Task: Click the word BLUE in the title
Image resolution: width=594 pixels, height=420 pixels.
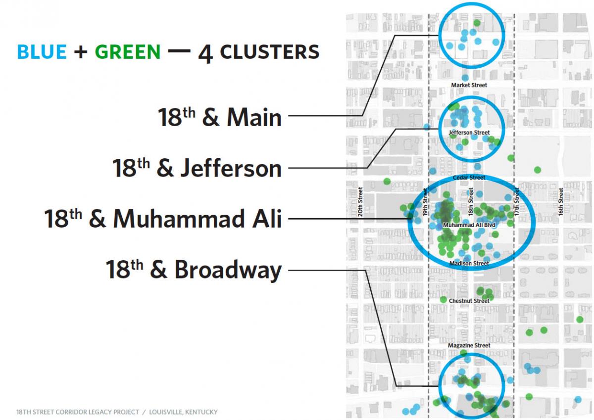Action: click(x=42, y=51)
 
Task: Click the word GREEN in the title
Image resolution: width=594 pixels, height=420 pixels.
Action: click(x=128, y=51)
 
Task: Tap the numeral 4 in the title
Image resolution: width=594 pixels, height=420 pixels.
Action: click(x=205, y=54)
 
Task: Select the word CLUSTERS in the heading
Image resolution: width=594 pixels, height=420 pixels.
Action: click(x=270, y=51)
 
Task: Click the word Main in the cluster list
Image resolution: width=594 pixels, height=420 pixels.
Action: click(x=254, y=117)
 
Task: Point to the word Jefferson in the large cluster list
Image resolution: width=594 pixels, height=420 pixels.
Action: click(x=231, y=168)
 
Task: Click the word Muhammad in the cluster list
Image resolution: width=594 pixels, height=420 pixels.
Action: click(x=179, y=219)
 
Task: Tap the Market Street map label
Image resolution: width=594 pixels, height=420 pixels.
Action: click(x=469, y=85)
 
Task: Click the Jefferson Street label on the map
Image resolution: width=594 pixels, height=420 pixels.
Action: click(x=469, y=133)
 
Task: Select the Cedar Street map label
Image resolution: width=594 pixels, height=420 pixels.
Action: click(x=469, y=178)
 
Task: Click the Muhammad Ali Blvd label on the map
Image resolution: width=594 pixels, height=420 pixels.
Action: click(x=469, y=225)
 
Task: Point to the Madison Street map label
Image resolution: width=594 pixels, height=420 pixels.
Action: click(x=469, y=263)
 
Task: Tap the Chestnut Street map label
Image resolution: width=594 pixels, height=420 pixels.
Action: click(x=469, y=301)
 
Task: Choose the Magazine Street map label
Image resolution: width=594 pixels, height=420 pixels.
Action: click(x=469, y=345)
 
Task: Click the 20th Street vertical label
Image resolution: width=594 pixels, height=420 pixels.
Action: click(x=360, y=202)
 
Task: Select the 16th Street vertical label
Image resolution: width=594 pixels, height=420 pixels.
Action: click(x=560, y=202)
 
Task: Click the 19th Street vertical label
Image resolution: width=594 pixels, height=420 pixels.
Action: click(x=425, y=202)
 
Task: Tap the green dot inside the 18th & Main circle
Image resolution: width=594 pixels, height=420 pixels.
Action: click(x=477, y=23)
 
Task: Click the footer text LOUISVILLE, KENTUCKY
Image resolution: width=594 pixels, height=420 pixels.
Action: click(x=183, y=412)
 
